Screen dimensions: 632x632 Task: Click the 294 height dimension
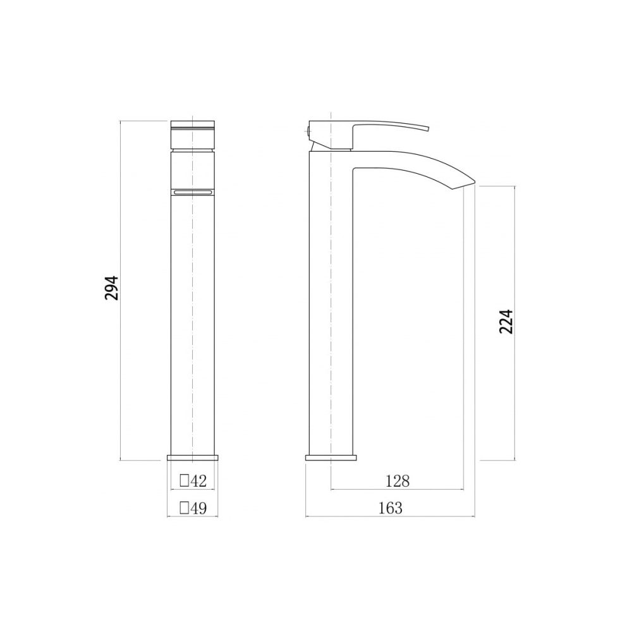tap(112, 288)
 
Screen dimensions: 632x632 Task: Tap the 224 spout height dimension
tap(506, 321)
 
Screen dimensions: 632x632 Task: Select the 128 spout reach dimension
tap(398, 481)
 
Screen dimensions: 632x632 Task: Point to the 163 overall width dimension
tap(390, 508)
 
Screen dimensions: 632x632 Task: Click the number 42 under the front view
tap(198, 480)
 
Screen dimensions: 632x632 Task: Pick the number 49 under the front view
tap(198, 508)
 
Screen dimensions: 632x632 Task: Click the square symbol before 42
tap(184, 480)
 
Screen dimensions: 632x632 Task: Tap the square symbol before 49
tap(184, 508)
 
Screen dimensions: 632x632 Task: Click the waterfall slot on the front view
tap(193, 193)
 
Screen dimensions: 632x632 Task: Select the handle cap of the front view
tap(193, 135)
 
